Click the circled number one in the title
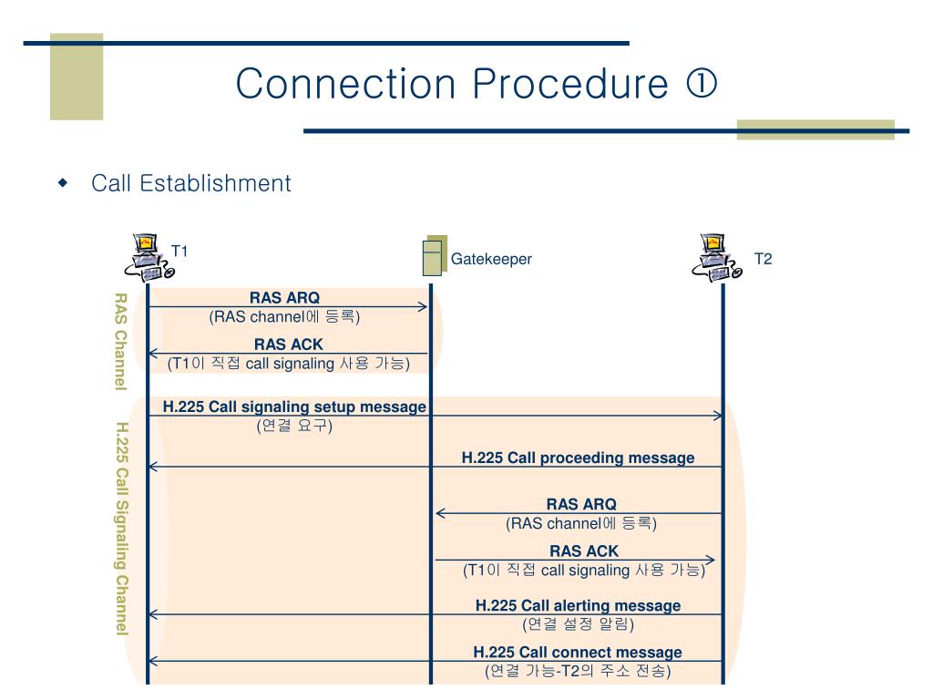click(x=701, y=85)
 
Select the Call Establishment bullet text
click(x=191, y=183)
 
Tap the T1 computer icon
click(x=148, y=257)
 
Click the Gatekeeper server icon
click(x=435, y=256)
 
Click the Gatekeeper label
click(x=491, y=259)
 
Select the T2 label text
click(x=763, y=259)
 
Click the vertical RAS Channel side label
click(x=119, y=341)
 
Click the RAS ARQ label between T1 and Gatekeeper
click(x=284, y=298)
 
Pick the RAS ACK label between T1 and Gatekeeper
click(x=288, y=345)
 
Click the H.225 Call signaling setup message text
click(x=294, y=407)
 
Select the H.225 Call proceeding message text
click(x=578, y=458)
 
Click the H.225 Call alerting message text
click(x=578, y=606)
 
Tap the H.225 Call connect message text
click(x=578, y=653)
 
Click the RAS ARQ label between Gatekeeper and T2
click(x=581, y=504)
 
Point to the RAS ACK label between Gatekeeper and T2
click(x=583, y=551)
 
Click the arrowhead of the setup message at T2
click(x=718, y=416)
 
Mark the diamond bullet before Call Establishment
click(x=63, y=183)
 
